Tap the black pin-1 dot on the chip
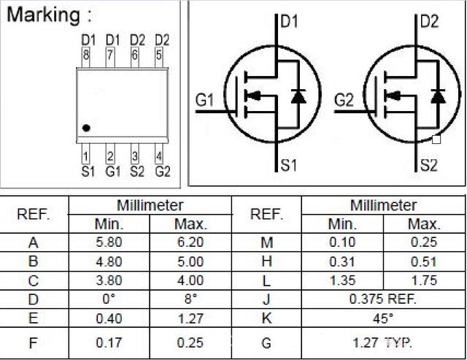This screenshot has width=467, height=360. coord(86,128)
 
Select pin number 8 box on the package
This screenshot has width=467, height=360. coord(88,53)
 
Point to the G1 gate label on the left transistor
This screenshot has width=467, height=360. coord(206,99)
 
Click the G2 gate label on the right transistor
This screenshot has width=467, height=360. coord(344,99)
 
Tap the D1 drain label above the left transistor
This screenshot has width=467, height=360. coord(290,21)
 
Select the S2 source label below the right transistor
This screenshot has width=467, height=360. coord(428,166)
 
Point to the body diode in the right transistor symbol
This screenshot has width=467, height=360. coord(437,96)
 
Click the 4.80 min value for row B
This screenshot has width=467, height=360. coord(109,261)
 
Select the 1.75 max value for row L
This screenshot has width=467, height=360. coord(424,280)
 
